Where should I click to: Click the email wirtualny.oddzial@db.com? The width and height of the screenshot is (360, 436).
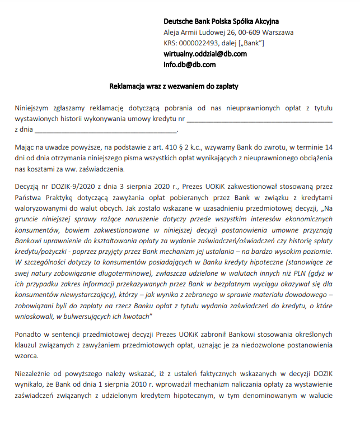(205, 54)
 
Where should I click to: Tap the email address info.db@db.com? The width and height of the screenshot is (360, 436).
(189, 64)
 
